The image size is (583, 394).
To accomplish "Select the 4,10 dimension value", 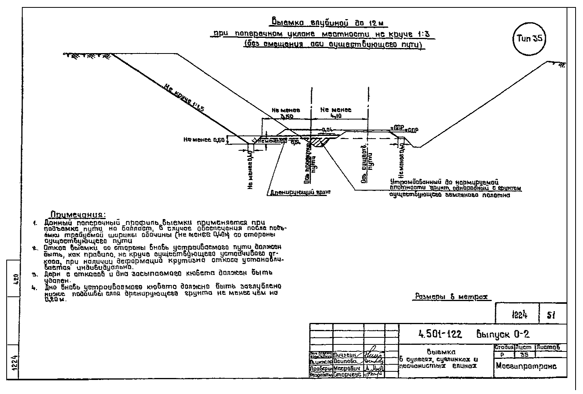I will tap(335, 116).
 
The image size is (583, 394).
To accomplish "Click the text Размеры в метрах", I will tap(451, 297).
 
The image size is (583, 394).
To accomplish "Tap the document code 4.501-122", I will tap(440, 334).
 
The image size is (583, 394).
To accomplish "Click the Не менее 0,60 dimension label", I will tap(204, 139).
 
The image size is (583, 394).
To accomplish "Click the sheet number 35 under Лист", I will tap(524, 355).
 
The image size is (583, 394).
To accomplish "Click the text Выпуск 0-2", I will tap(503, 334).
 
